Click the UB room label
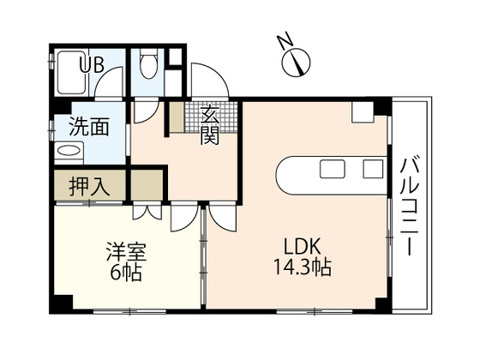[93, 64]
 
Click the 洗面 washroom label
[88, 129]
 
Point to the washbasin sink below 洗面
[68, 153]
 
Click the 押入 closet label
[87, 186]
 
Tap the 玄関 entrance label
[209, 123]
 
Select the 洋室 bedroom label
[126, 253]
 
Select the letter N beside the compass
[283, 43]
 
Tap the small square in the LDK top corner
[361, 111]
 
